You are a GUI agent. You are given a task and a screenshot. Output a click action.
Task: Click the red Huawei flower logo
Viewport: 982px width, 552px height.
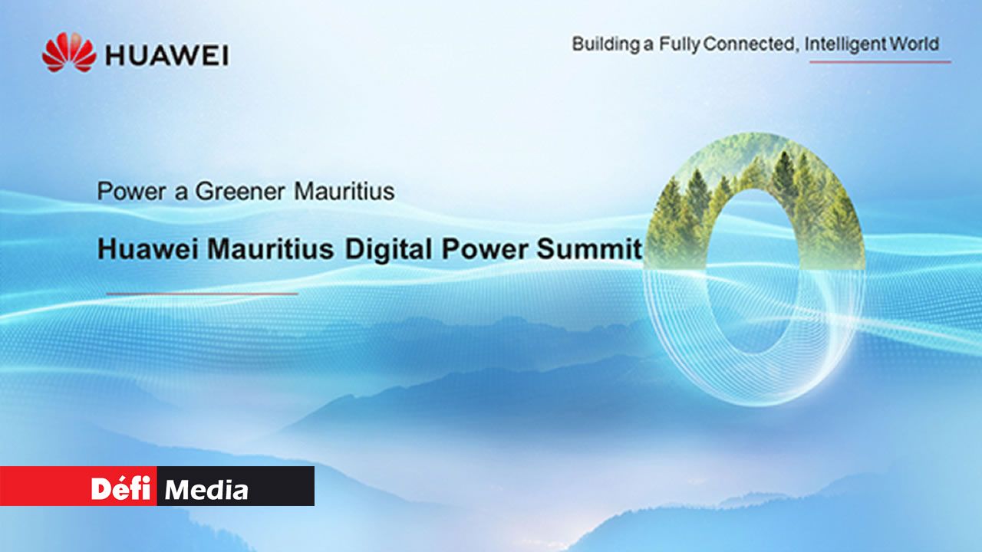click(x=69, y=52)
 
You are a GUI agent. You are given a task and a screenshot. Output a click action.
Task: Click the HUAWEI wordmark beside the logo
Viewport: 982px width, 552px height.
click(x=167, y=56)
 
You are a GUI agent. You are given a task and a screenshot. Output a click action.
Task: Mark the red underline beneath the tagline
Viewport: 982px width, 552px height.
click(x=880, y=62)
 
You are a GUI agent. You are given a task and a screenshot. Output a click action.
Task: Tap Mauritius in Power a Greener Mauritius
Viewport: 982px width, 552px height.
click(x=344, y=192)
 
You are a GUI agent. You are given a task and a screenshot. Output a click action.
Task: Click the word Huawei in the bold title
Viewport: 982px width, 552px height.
click(x=148, y=249)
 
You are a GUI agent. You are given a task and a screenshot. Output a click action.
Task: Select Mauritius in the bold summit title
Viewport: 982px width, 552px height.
click(x=271, y=249)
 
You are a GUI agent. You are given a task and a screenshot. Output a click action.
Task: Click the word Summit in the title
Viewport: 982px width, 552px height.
click(x=588, y=249)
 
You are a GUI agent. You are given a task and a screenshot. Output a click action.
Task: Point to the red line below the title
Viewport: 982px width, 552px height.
click(x=202, y=294)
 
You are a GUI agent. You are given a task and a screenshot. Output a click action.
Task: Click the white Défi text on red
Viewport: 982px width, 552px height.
click(x=120, y=488)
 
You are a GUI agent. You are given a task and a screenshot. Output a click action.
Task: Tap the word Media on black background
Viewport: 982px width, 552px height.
click(x=206, y=489)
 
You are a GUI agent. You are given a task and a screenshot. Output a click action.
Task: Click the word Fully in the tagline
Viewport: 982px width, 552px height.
click(x=680, y=44)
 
